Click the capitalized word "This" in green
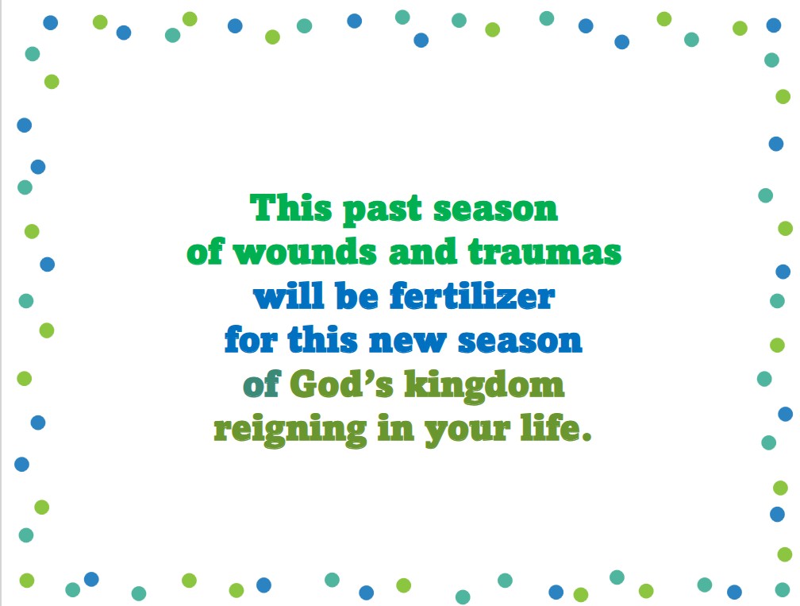pyautogui.click(x=290, y=208)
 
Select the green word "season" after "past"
pyautogui.click(x=495, y=210)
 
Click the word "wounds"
pyautogui.click(x=305, y=253)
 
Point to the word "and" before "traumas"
pyautogui.click(x=422, y=253)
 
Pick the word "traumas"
pyautogui.click(x=544, y=253)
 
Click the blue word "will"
pyautogui.click(x=288, y=295)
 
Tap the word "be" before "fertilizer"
pyautogui.click(x=356, y=295)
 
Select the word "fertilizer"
pyautogui.click(x=472, y=295)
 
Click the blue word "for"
pyautogui.click(x=251, y=339)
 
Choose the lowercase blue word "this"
pyautogui.click(x=322, y=339)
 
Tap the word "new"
pyautogui.click(x=407, y=342)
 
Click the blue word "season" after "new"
pyautogui.click(x=520, y=342)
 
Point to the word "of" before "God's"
pyautogui.click(x=261, y=384)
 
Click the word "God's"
pyautogui.click(x=341, y=384)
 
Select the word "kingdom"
pyautogui.click(x=484, y=386)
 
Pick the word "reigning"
pyautogui.click(x=290, y=430)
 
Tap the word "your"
pyautogui.click(x=467, y=432)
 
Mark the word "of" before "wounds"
pyautogui.click(x=205, y=252)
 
